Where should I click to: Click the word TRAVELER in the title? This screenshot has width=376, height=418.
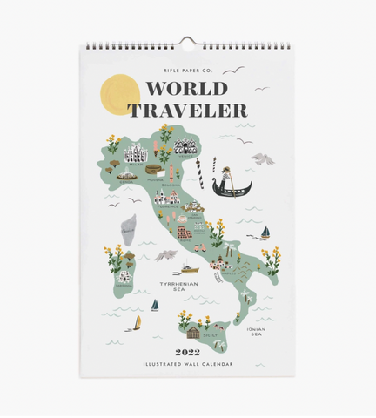click(x=187, y=110)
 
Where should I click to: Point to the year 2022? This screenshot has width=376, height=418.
click(x=187, y=353)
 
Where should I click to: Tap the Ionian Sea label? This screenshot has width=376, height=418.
click(x=255, y=331)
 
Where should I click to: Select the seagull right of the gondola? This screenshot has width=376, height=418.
click(x=262, y=158)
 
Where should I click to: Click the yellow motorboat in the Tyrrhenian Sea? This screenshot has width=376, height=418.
click(x=189, y=266)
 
